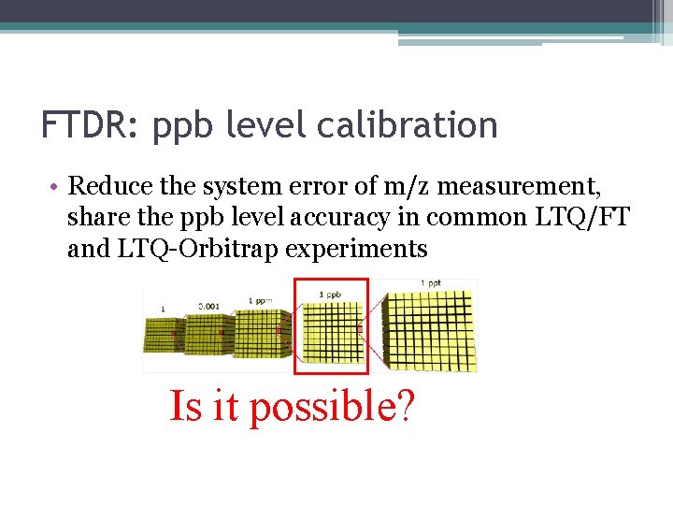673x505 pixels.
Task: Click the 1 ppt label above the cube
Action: click(432, 282)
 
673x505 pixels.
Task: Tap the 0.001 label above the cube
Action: click(210, 305)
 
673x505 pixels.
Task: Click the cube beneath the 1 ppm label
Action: click(258, 335)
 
